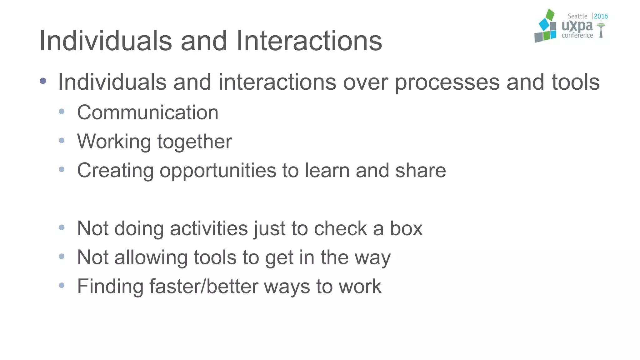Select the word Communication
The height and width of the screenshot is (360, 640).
click(x=147, y=112)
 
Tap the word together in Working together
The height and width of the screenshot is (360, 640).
click(x=194, y=142)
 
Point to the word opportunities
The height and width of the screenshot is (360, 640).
click(x=218, y=171)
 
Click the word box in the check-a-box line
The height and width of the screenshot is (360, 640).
click(x=406, y=228)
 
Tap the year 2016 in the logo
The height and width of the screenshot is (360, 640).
click(x=601, y=16)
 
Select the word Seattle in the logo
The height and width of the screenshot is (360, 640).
click(x=577, y=16)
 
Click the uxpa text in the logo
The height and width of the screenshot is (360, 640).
click(x=577, y=26)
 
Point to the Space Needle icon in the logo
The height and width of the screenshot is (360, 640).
click(x=601, y=30)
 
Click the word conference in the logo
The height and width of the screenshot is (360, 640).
click(x=577, y=36)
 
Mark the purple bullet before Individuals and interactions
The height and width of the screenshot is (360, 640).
click(x=43, y=81)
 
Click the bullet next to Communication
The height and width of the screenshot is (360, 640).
click(x=62, y=111)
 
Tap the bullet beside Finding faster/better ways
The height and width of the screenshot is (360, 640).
click(x=62, y=285)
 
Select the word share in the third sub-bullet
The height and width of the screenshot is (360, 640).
click(x=420, y=171)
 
